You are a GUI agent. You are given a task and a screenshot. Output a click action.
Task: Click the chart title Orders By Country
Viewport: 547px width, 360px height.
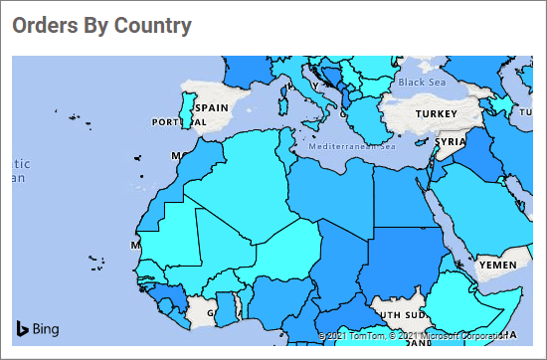pos(101,26)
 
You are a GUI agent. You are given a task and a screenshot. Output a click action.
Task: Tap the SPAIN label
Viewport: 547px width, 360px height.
pos(211,107)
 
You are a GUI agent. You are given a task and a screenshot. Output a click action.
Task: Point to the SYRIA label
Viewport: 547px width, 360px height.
pos(451,142)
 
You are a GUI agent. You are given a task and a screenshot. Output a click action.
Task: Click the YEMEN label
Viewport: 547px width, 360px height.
pos(497,266)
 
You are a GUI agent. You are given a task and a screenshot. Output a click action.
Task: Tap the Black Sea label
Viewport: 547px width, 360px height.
pos(424,82)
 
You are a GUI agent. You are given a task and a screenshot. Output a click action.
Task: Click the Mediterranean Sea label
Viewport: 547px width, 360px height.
pos(352,147)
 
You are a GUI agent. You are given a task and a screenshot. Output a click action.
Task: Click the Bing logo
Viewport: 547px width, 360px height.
pos(38,328)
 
